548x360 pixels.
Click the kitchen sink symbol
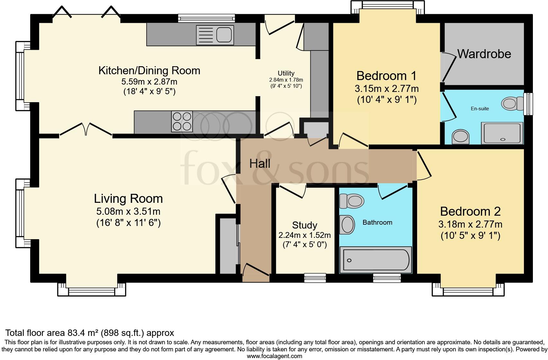tap(215, 35)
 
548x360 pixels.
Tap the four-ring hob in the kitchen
tap(182, 122)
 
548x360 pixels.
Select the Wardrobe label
tap(484, 54)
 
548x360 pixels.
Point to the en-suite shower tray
tap(502, 133)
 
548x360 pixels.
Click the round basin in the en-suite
tap(460, 137)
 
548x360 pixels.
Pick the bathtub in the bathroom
tap(375, 260)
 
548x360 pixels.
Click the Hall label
tap(260, 164)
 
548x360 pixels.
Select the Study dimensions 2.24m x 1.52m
tap(304, 235)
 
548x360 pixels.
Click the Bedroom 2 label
tap(470, 212)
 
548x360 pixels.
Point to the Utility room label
tap(286, 73)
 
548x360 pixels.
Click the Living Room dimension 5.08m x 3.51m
tap(128, 212)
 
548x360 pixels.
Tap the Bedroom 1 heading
tap(386, 76)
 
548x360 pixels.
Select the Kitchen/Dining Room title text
tap(149, 70)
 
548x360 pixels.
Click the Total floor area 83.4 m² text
tap(90, 333)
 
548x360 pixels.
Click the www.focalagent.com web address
tap(274, 356)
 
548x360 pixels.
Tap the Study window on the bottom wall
tap(315, 278)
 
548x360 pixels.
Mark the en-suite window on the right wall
tap(528, 104)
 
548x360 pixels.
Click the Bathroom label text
tap(377, 222)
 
